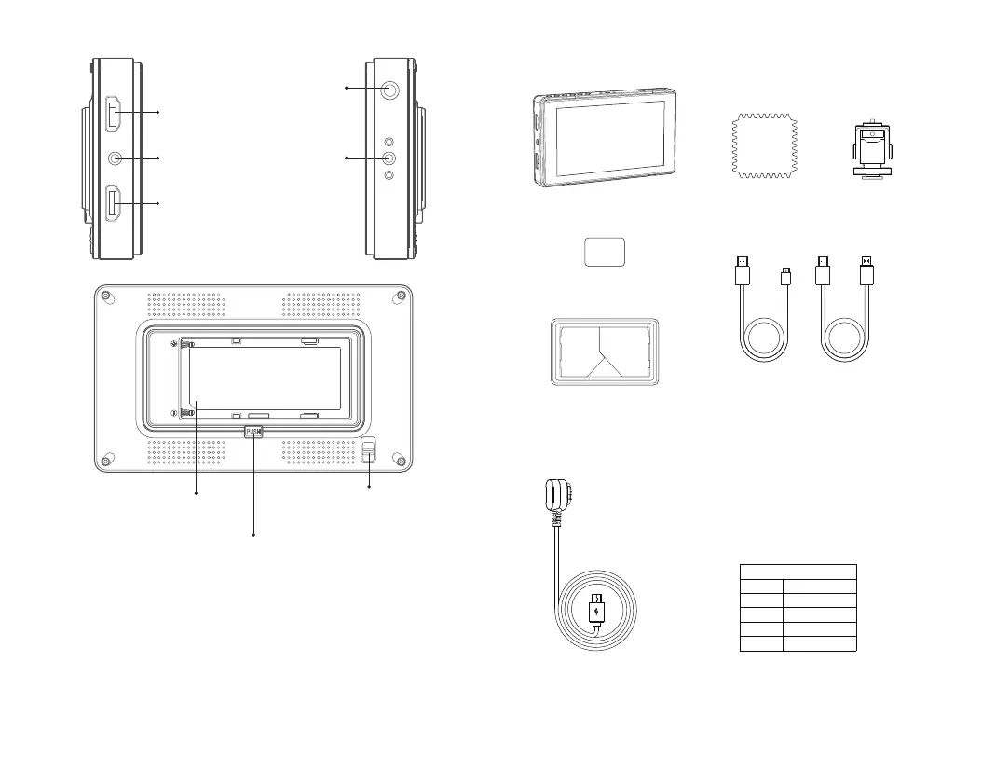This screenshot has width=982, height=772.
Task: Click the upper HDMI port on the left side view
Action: pos(111,113)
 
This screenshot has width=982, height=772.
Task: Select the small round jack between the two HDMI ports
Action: pos(114,159)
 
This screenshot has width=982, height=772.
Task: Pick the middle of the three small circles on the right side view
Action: pos(389,159)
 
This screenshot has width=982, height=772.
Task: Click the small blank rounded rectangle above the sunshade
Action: pos(603,252)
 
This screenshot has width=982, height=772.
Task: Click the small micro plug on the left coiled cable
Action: pos(786,273)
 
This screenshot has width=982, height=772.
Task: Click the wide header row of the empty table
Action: pos(798,571)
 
